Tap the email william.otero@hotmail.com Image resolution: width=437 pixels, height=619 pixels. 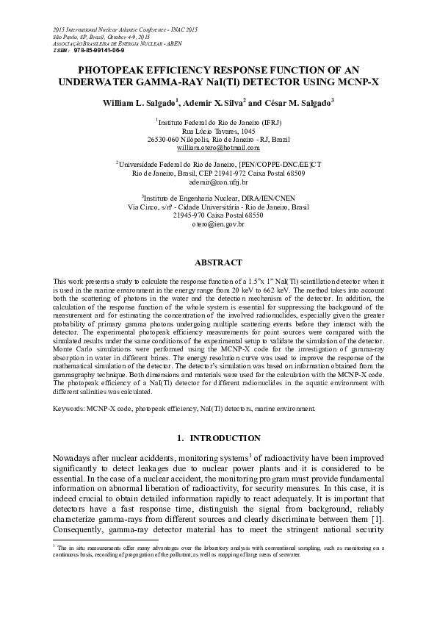pyautogui.click(x=218, y=148)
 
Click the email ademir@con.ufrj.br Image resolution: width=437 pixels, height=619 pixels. pyautogui.click(x=218, y=182)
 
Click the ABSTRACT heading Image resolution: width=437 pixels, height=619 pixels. pyautogui.click(x=218, y=262)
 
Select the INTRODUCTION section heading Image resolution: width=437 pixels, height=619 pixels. pyautogui.click(x=225, y=438)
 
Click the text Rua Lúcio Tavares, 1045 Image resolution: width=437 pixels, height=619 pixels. pyautogui.click(x=218, y=130)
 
